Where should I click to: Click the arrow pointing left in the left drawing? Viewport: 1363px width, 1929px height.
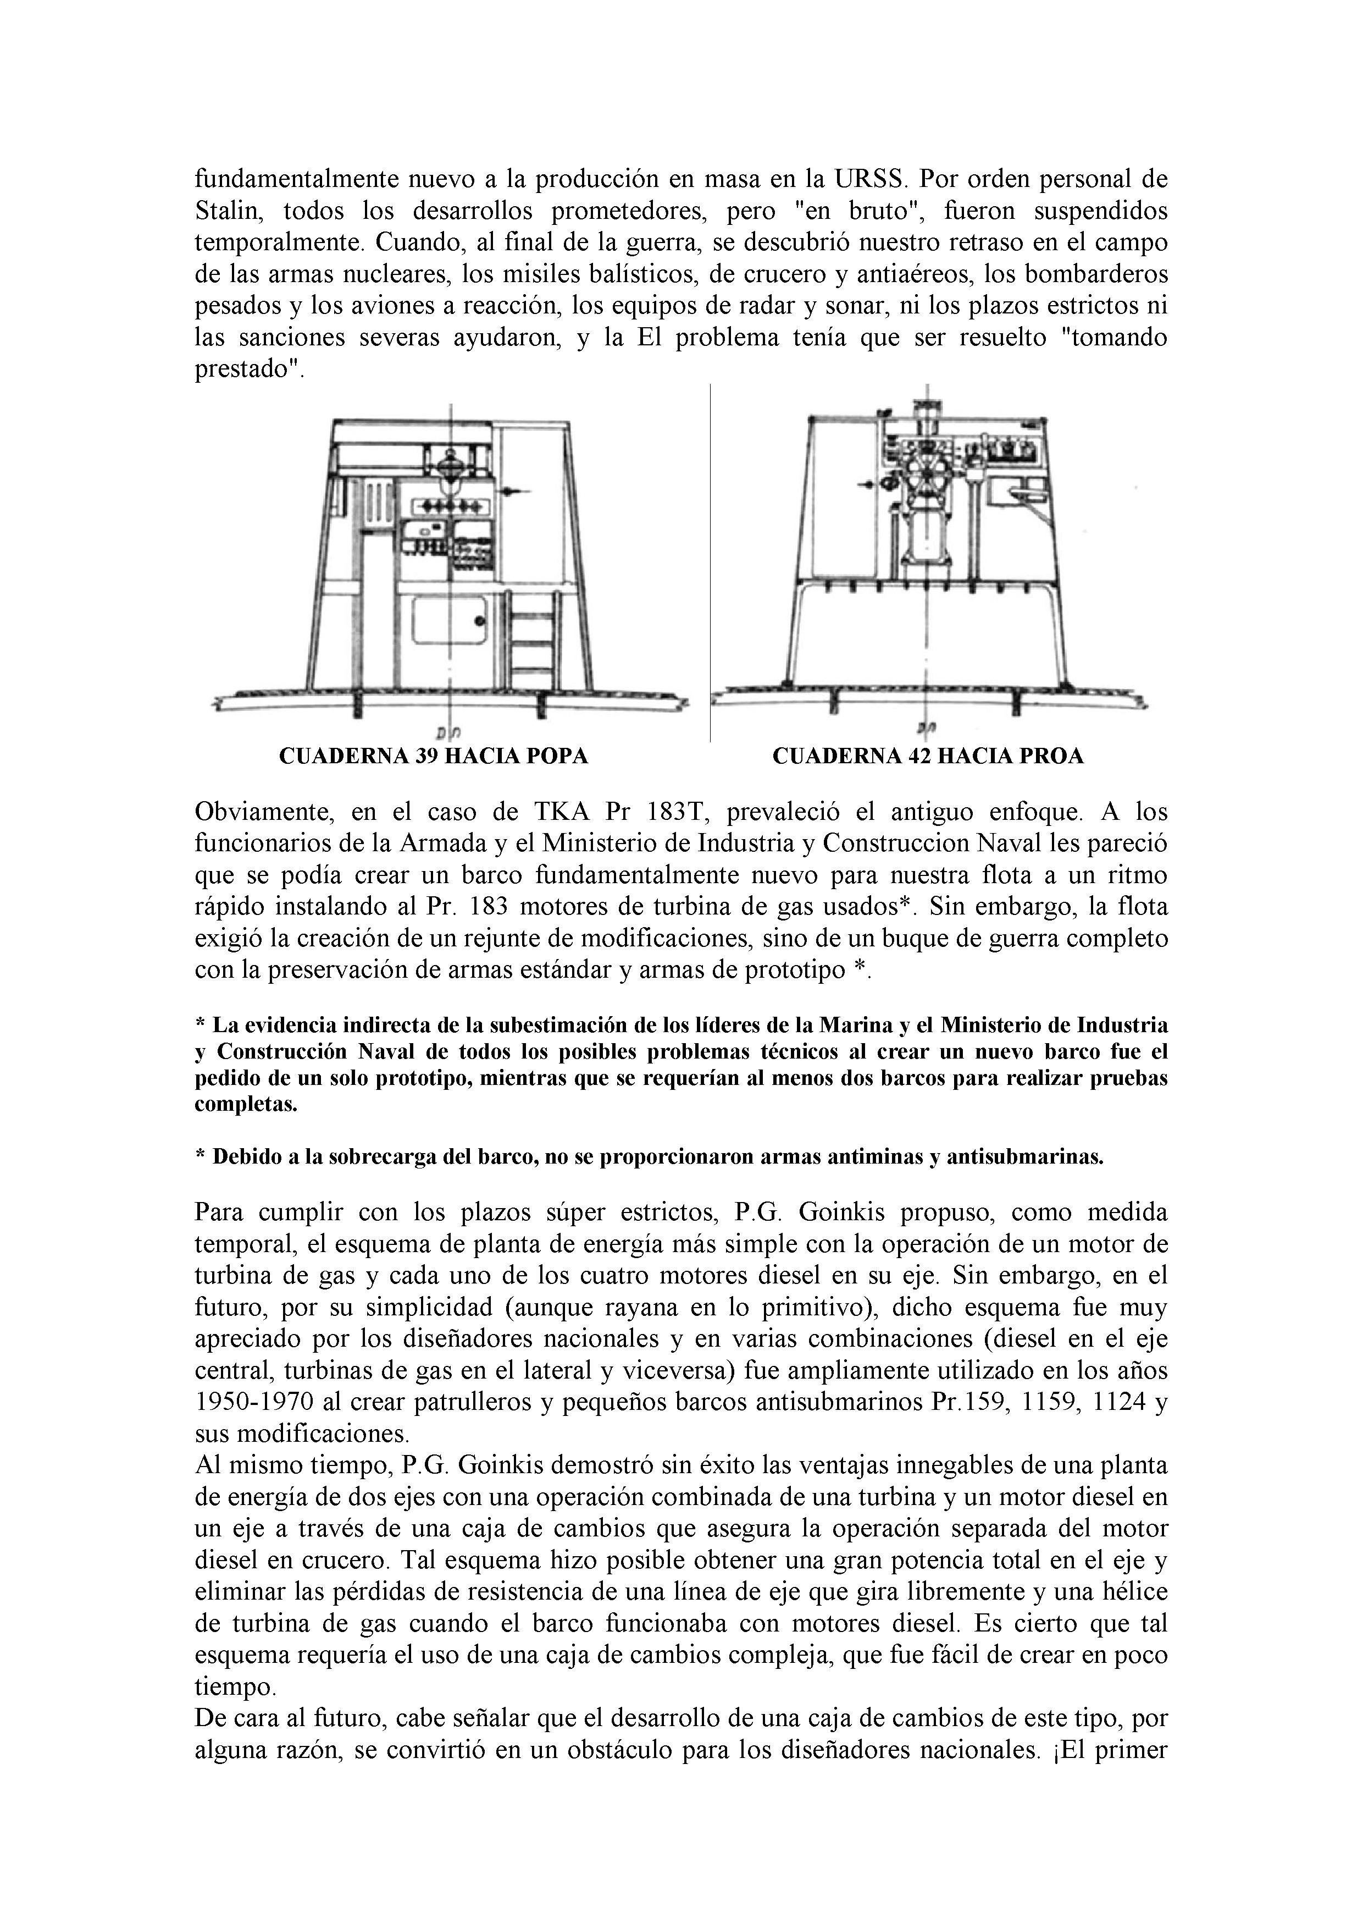click(x=514, y=490)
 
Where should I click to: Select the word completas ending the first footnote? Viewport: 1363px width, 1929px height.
click(x=246, y=1105)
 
